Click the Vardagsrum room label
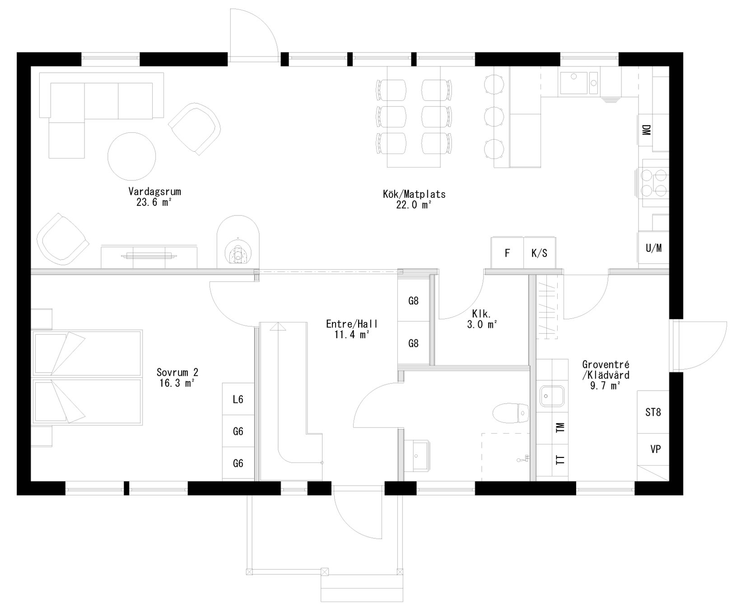click(x=154, y=191)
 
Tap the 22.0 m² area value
click(x=414, y=205)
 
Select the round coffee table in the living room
click(x=132, y=156)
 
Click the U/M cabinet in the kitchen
click(x=653, y=248)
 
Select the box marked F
click(x=507, y=253)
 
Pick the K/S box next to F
click(x=540, y=253)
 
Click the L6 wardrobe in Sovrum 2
click(x=238, y=399)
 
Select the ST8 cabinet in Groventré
click(x=653, y=412)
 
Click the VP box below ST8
click(x=656, y=449)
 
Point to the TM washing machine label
click(x=560, y=428)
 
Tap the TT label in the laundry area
click(x=560, y=460)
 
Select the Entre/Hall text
click(x=352, y=324)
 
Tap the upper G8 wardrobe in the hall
click(x=413, y=301)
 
